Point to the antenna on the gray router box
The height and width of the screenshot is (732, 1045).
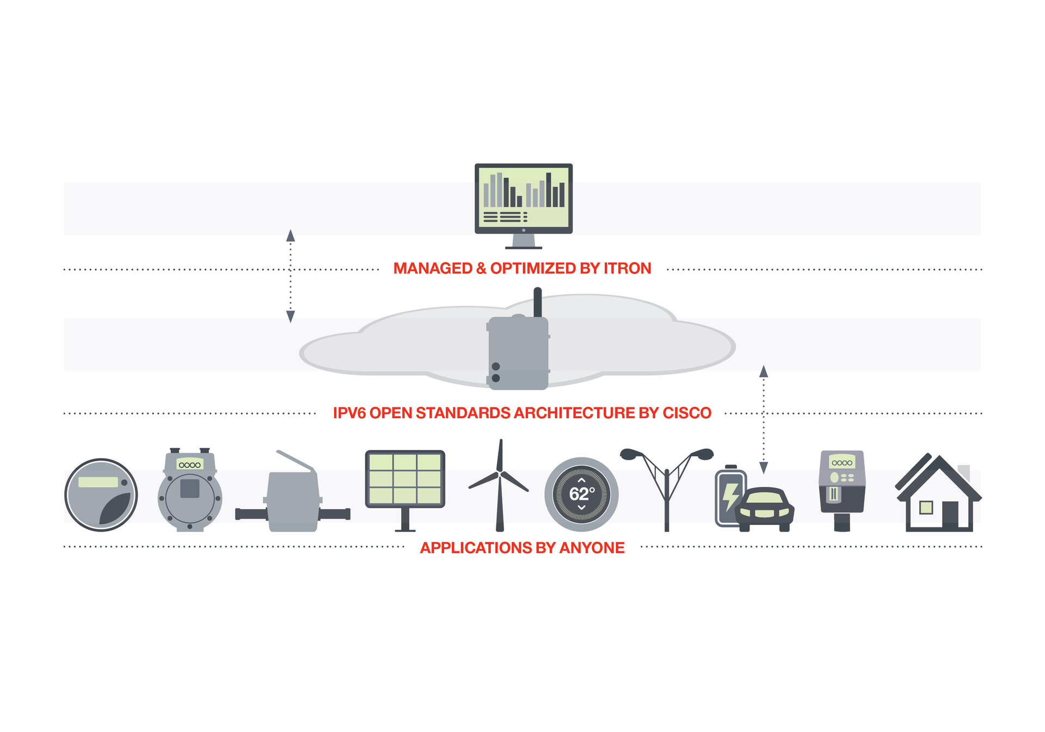[x=537, y=302]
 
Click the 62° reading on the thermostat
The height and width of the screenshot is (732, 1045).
[x=581, y=494]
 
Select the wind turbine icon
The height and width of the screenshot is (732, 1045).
[x=500, y=485]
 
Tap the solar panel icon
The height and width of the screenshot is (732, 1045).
[x=405, y=479]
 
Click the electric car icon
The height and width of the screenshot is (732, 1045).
[x=764, y=510]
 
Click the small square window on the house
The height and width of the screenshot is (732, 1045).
[x=926, y=508]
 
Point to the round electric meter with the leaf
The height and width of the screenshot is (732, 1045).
[x=101, y=495]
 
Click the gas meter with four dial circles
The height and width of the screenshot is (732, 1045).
[x=189, y=490]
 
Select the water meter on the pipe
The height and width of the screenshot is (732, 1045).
[x=293, y=501]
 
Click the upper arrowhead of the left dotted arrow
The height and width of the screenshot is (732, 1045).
[x=291, y=236]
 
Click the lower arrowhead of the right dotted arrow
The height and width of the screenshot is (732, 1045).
[x=764, y=467]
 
